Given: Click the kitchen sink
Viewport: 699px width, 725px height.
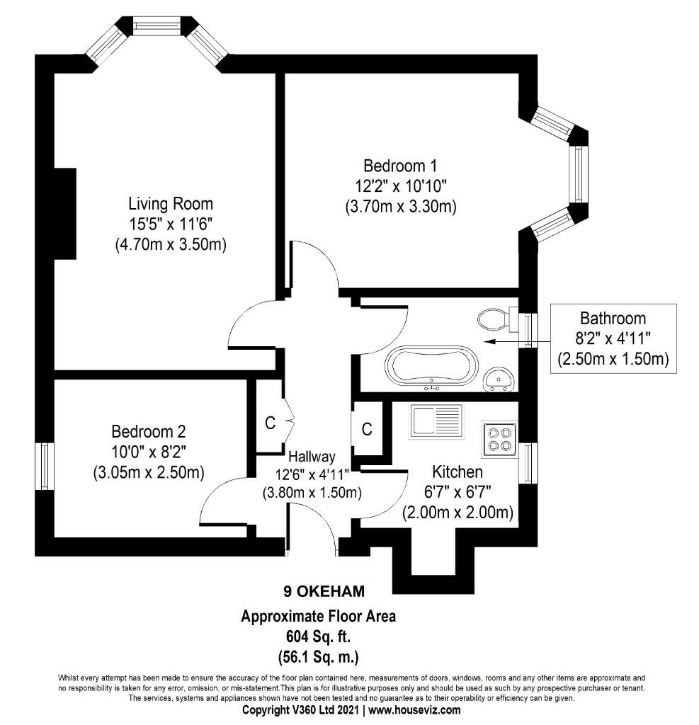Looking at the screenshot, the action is tap(436, 421).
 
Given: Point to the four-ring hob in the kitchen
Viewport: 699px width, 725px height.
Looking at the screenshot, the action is tap(499, 439).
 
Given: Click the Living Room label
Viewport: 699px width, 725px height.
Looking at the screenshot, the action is tap(171, 203).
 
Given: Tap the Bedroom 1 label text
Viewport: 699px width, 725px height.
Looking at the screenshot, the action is tap(400, 166).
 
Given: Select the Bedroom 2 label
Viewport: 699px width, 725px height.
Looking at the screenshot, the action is tap(149, 431).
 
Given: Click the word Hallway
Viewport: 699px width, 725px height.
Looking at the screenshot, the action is tap(312, 457).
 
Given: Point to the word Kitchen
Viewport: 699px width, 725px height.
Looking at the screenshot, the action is tap(458, 472).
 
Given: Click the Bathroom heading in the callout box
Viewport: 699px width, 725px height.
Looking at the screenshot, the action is tap(613, 318).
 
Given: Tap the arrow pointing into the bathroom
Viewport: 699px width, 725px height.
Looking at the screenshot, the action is tap(518, 342).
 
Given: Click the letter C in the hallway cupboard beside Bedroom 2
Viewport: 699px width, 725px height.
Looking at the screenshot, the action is tap(270, 423).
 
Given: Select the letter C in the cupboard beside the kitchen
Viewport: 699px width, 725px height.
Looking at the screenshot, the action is tap(367, 429).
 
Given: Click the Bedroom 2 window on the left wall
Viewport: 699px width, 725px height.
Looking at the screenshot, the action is tap(45, 466).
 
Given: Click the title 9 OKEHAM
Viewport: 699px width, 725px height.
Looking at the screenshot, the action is tap(324, 591).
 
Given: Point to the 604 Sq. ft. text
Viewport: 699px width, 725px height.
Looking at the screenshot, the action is tap(318, 636).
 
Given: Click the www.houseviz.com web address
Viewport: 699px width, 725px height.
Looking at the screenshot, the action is tap(414, 709).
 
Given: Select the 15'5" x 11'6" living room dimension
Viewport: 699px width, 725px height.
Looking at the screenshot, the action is tap(171, 224).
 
